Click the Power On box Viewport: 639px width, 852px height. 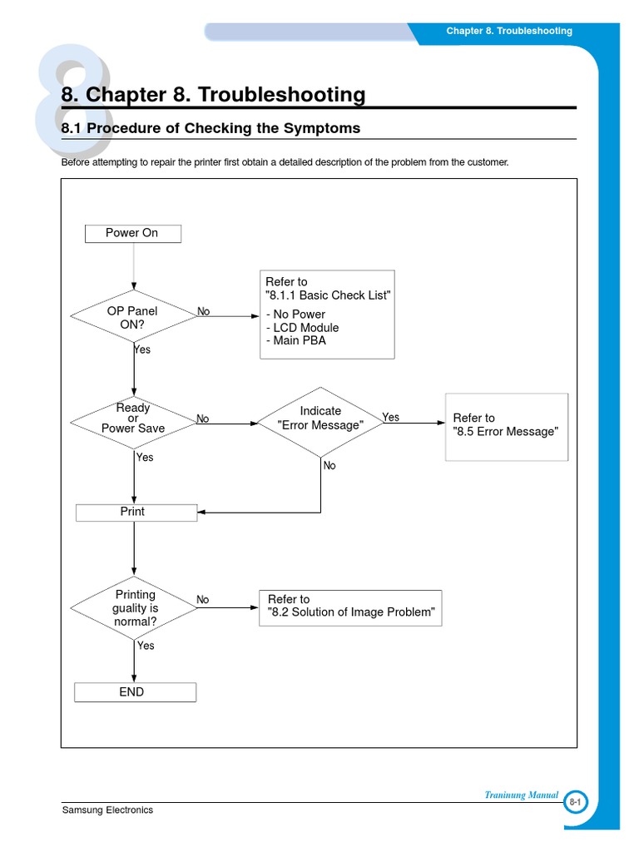133,233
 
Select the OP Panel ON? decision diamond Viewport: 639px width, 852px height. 133,318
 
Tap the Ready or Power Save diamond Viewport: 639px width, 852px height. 133,419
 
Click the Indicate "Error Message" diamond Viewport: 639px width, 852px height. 320,419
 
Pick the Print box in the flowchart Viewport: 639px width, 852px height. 136,513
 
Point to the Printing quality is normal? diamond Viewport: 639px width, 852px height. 134,608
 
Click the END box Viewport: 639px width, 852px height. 135,692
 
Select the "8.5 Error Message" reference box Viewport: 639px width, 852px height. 506,426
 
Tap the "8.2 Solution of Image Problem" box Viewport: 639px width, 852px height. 350,607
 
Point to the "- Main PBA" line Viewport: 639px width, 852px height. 296,340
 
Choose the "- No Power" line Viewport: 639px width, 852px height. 296,315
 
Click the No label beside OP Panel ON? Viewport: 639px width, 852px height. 204,312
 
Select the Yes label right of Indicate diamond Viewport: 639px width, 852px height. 390,417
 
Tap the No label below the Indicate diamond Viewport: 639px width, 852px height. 329,466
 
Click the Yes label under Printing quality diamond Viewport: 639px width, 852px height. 146,646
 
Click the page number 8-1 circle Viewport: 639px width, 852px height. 575,802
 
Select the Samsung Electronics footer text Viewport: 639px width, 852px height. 107,810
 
